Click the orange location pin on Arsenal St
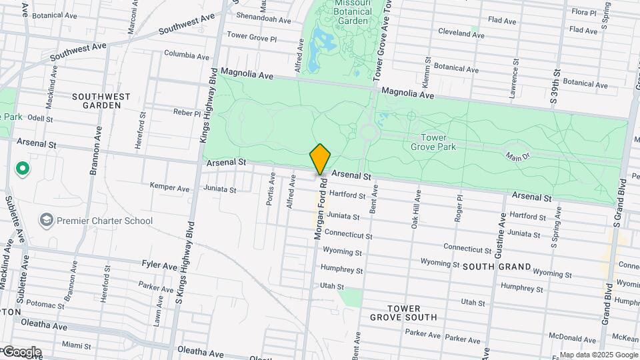point(321,159)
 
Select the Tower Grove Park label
point(429,142)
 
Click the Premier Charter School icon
point(46,220)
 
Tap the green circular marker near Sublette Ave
point(23,169)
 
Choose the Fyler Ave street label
point(160,265)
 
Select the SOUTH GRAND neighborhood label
point(497,267)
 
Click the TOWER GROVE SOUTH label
point(404,313)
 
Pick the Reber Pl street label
point(187,113)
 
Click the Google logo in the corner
point(21,351)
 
